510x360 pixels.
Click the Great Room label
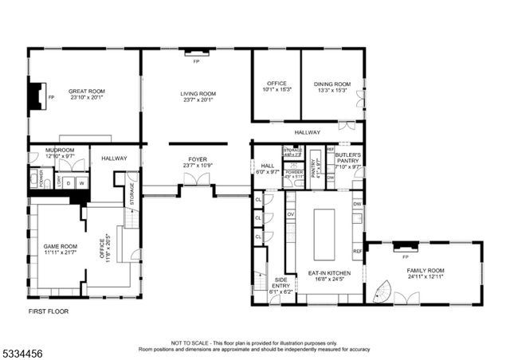[85, 92]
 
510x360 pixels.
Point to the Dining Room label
[331, 84]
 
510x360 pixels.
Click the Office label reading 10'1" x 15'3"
[277, 90]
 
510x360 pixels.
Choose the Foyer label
[198, 159]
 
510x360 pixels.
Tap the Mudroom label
[60, 151]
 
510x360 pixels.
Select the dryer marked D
[69, 182]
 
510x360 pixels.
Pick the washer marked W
[81, 182]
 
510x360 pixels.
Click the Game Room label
[60, 247]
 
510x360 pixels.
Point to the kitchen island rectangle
[324, 234]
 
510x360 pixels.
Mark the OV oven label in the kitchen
[291, 214]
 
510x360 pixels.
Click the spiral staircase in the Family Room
[381, 292]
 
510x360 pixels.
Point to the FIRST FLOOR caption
[49, 311]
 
